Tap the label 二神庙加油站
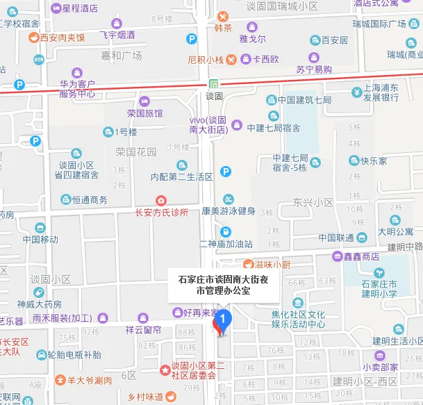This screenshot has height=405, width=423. coord(225,244)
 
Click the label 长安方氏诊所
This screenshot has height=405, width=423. coord(161,213)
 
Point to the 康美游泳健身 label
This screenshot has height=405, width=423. coord(229,210)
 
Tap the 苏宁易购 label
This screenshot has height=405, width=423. coord(313,69)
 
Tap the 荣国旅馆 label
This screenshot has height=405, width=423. coord(144,113)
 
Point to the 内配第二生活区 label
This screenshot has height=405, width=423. coord(181,176)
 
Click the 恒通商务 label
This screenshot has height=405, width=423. coord(90,199)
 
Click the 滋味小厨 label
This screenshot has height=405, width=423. coord(272,264)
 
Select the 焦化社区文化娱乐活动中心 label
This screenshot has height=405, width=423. coord(298,319)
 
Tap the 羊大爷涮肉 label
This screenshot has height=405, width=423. coord(90,381)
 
